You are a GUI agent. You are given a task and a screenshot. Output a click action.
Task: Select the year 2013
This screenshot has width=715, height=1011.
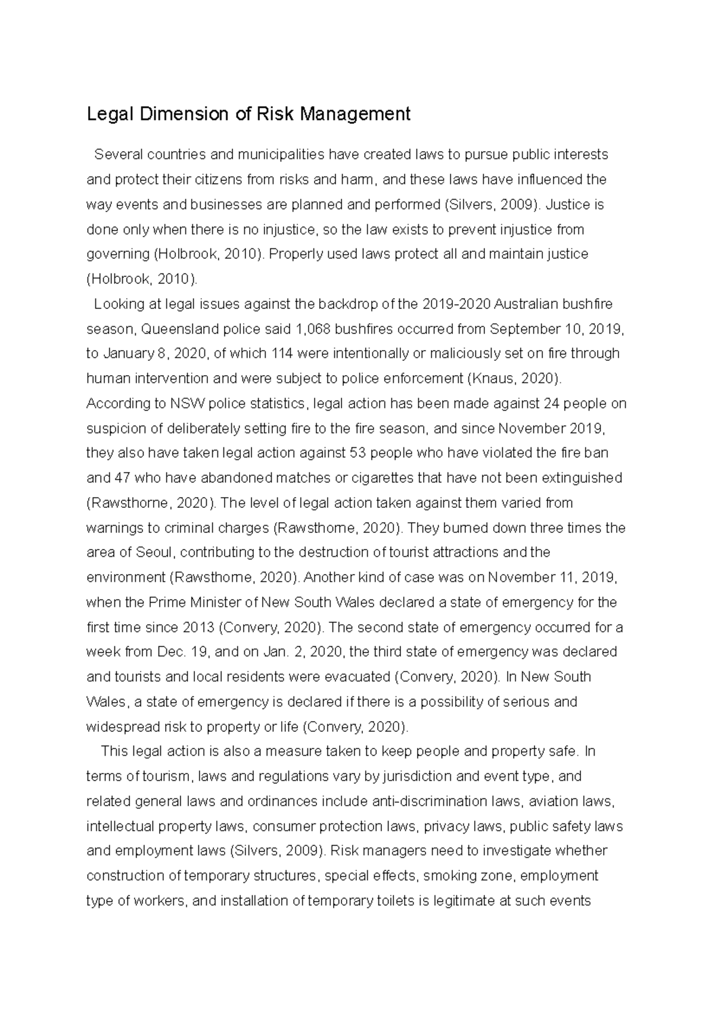[199, 628]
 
